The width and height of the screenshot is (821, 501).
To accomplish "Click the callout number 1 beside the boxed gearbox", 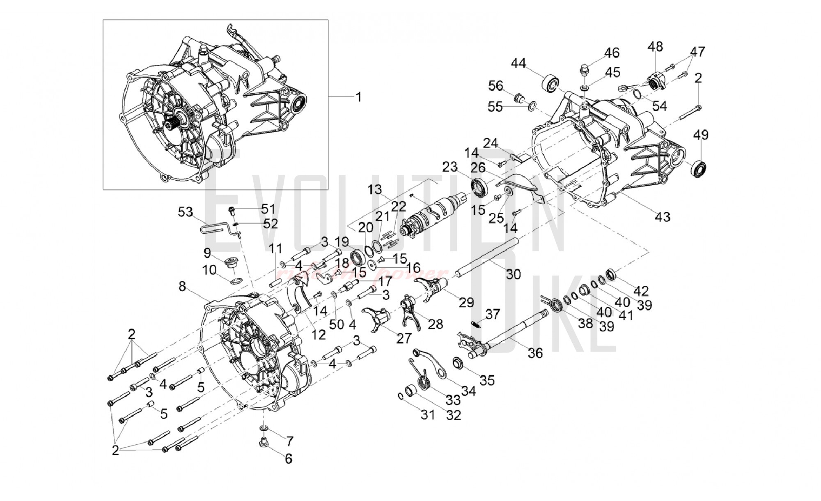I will (x=358, y=97).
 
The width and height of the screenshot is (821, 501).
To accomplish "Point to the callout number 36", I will (x=535, y=353).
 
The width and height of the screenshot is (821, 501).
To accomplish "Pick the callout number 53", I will (x=186, y=212).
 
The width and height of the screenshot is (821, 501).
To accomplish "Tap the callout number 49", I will (x=701, y=135).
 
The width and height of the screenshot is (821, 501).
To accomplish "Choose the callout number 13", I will (x=375, y=189).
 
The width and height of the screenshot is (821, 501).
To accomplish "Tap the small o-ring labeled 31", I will (x=400, y=396).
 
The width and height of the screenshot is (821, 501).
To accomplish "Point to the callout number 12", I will (x=318, y=335).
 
